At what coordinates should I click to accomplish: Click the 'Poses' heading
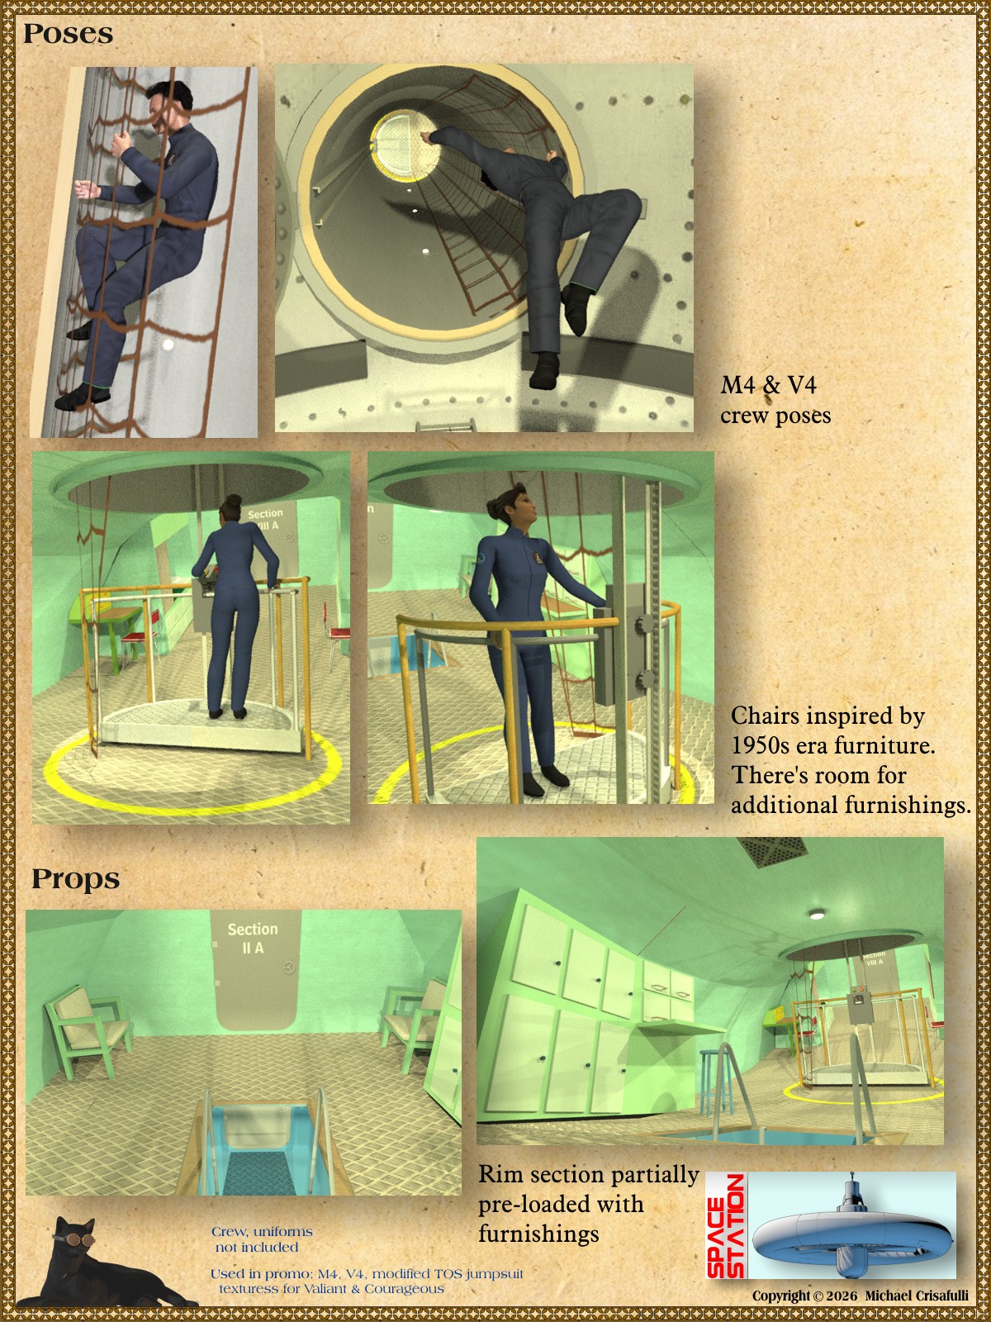(68, 34)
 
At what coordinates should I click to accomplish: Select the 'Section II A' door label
(253, 939)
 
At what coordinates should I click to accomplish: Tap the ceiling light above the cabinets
(816, 915)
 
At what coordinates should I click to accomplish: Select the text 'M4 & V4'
(768, 385)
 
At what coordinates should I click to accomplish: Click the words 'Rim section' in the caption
(541, 1175)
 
